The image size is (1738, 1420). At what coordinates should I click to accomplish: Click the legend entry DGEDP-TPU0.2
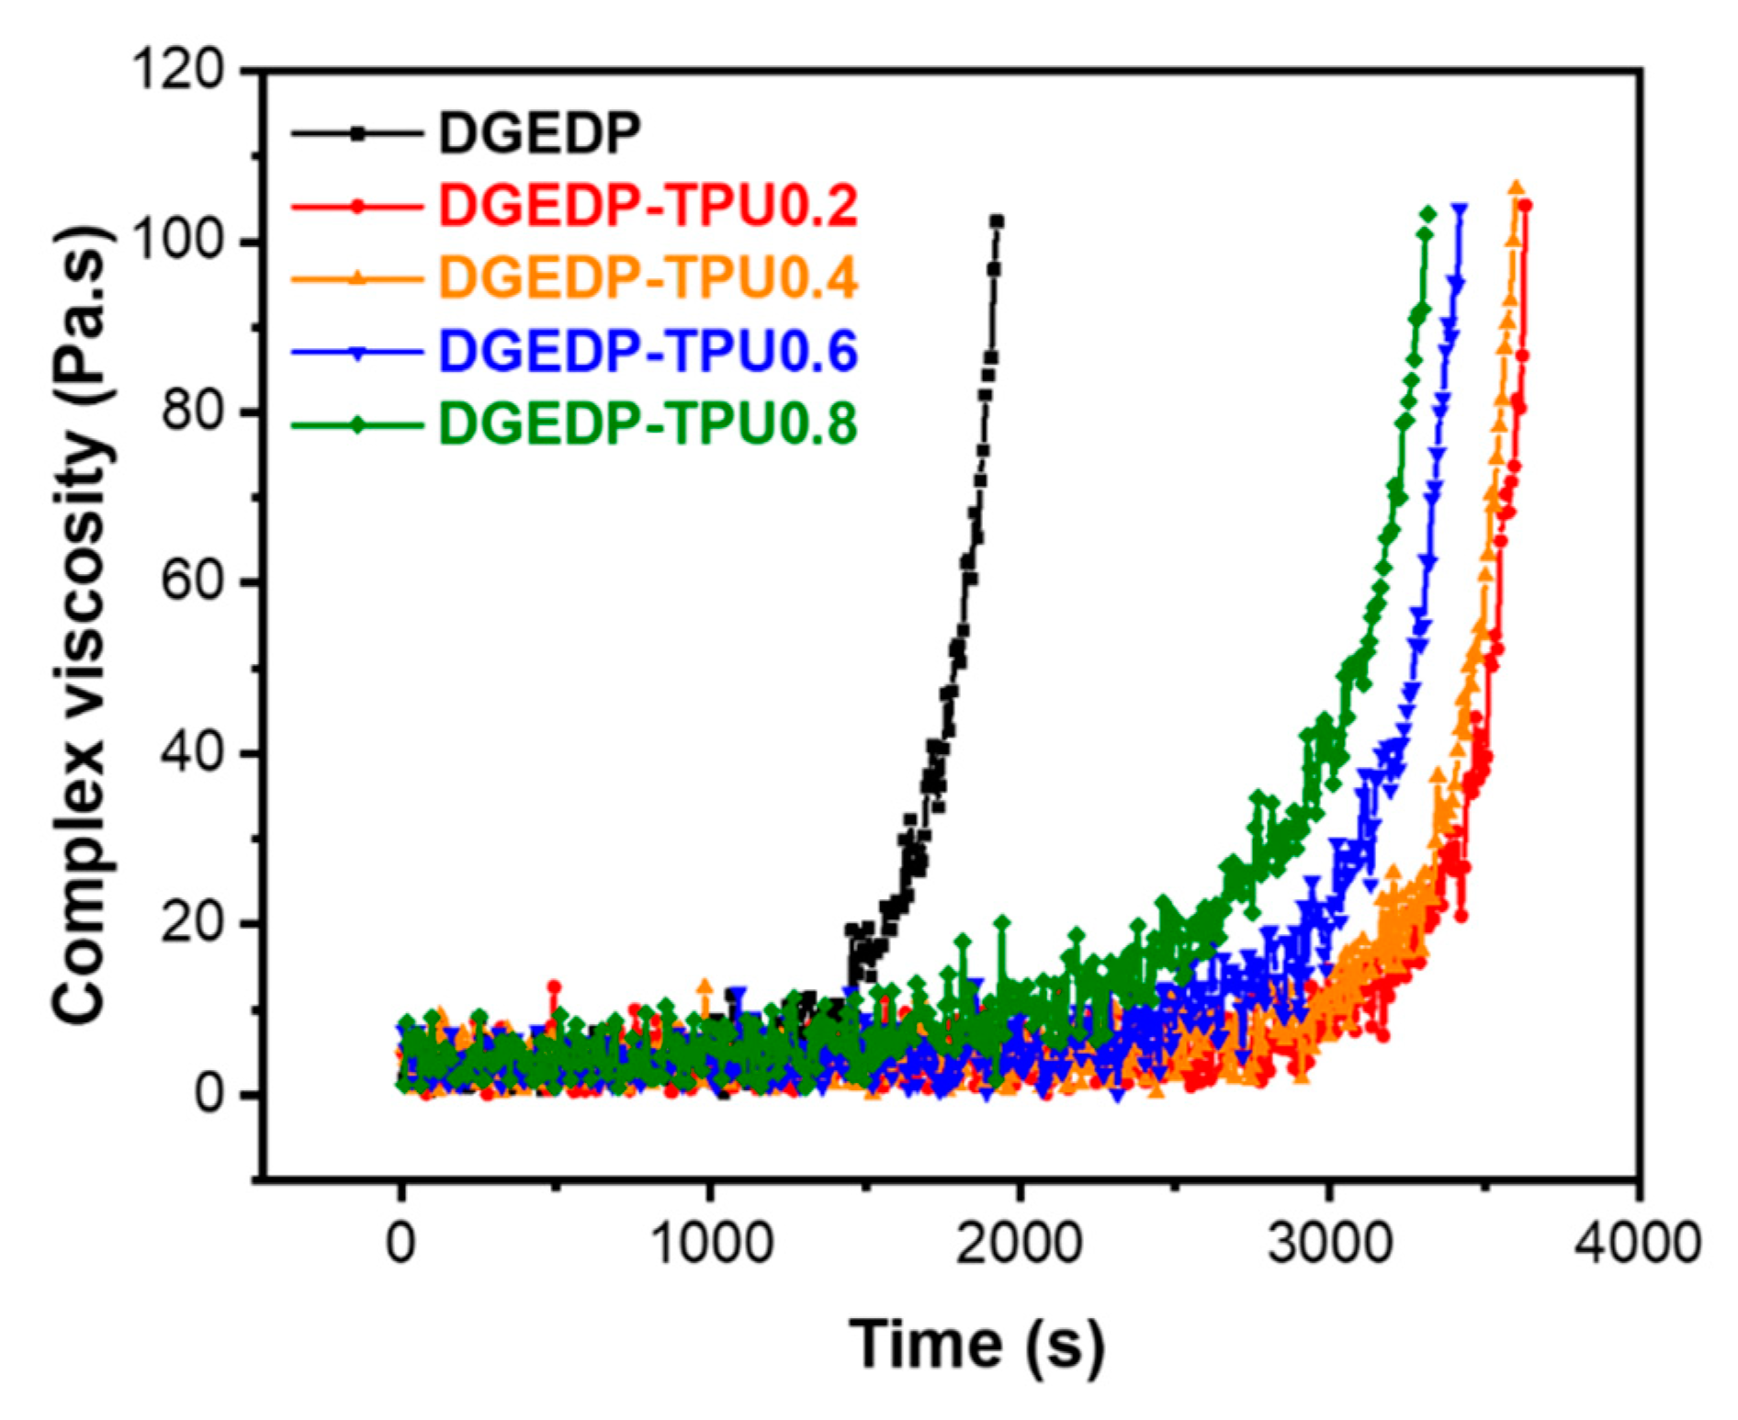tap(648, 206)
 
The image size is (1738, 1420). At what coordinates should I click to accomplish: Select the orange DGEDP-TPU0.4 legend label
tap(648, 277)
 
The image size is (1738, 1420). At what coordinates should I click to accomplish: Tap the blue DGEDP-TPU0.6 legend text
tap(648, 350)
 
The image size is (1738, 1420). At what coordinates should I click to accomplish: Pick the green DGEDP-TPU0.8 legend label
tap(648, 423)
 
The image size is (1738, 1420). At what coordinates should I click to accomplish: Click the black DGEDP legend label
tap(539, 133)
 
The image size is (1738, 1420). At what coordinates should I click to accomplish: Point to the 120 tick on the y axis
tap(178, 70)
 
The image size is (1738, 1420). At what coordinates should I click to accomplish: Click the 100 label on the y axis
tap(178, 242)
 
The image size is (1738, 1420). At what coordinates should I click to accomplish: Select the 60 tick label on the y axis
tap(192, 582)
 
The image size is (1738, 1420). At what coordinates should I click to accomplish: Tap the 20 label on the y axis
tap(192, 924)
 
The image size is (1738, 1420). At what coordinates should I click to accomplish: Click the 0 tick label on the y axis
tap(209, 1095)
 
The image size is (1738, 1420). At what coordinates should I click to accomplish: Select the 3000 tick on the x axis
tap(1329, 1245)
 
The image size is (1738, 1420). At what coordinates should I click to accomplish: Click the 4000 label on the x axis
tap(1638, 1245)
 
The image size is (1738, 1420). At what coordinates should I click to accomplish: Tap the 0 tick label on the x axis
tap(401, 1245)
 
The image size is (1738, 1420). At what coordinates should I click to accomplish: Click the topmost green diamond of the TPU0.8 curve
tap(1428, 214)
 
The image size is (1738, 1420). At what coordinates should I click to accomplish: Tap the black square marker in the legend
tap(357, 134)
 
